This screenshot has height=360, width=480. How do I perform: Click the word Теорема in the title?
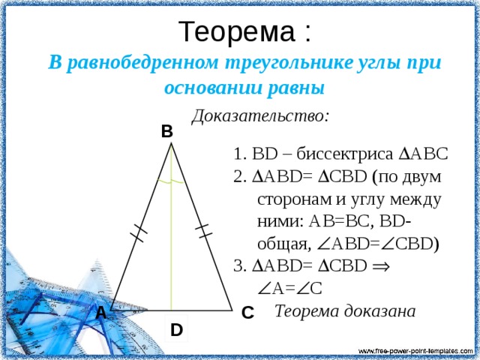pos(237,31)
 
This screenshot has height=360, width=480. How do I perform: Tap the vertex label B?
pos(167,132)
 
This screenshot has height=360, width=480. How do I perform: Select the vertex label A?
pos(101,313)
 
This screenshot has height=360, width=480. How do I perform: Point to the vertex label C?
pos(247,313)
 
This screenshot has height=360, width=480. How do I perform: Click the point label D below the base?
pos(177,330)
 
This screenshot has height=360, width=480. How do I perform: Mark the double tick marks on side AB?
pos(139,233)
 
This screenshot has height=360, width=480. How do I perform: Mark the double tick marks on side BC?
pos(204,231)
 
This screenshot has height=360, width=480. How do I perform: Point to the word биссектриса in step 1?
pos(344,154)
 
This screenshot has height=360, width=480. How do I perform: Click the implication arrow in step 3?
pos(381,266)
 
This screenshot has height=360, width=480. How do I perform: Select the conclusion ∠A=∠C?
pos(290,289)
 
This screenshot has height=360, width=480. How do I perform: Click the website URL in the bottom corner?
pos(415,351)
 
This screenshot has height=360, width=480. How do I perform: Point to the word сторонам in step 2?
pos(295,200)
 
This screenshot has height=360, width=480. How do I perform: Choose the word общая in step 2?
pos(283,244)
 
